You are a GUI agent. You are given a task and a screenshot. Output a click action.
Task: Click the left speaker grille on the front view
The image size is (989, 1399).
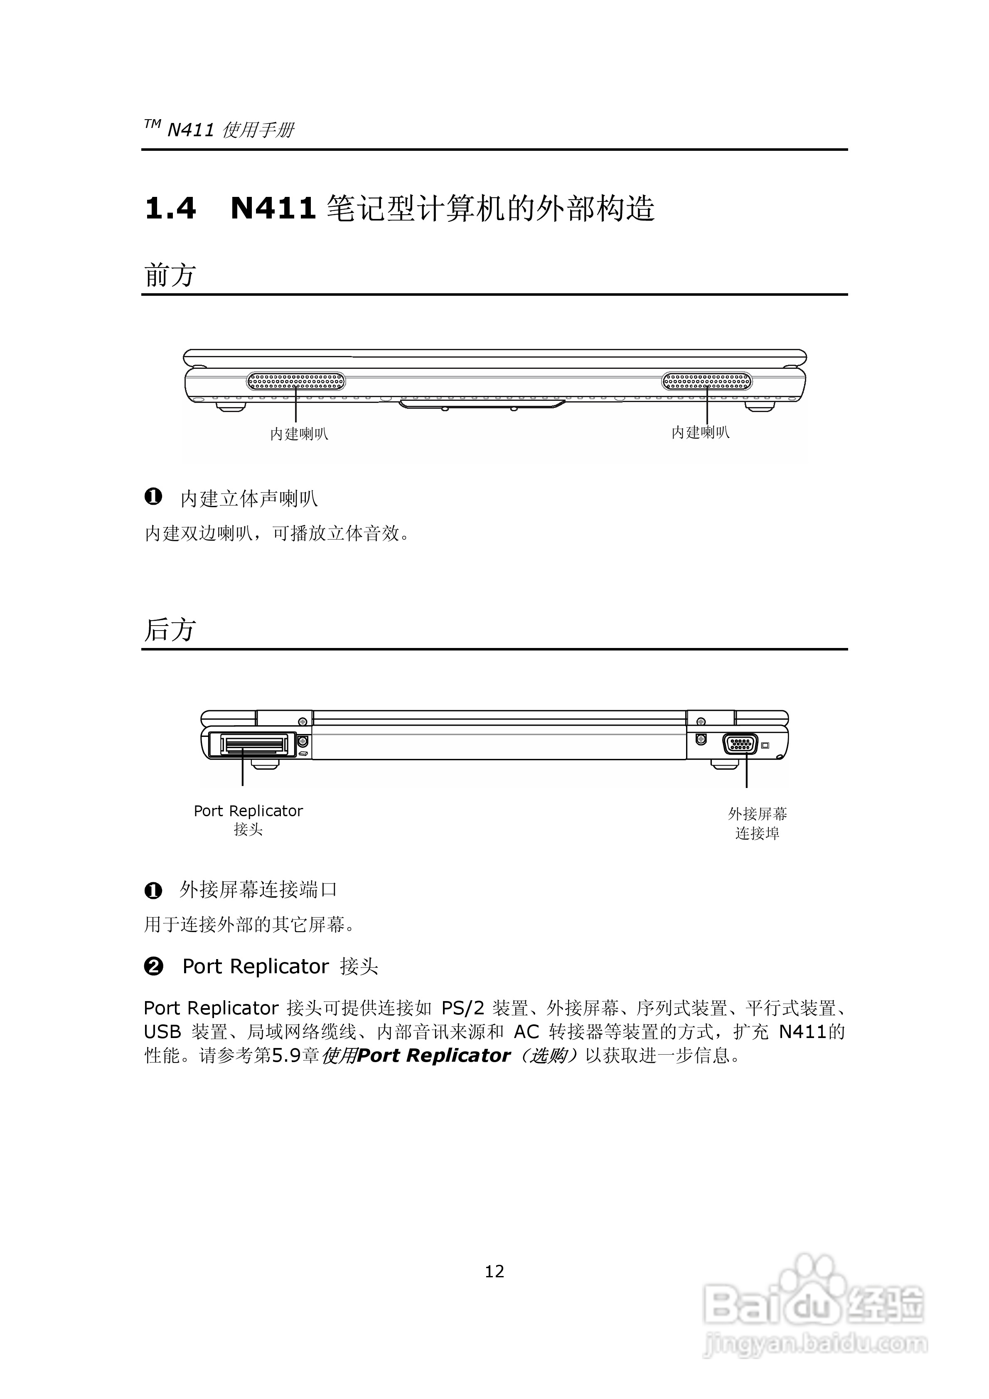tap(296, 381)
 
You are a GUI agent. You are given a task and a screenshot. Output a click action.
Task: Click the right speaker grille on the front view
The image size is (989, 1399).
tap(707, 381)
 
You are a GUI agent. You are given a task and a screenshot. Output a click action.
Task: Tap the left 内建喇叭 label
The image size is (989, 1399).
tap(299, 434)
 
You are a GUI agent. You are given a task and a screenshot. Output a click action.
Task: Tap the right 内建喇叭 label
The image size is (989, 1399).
tap(700, 432)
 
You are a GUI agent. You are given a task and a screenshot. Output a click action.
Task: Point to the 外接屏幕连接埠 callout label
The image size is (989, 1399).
tap(757, 823)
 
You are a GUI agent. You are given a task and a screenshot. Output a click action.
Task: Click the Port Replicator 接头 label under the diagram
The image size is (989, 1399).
tap(248, 820)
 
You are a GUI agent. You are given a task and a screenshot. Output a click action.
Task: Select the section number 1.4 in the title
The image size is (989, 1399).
tap(170, 209)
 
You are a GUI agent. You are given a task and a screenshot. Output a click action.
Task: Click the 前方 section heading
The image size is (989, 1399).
tap(170, 275)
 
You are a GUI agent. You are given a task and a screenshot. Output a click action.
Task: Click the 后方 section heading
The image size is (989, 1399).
tap(170, 630)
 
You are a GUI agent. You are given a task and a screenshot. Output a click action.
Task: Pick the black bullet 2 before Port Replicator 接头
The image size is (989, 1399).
tap(154, 967)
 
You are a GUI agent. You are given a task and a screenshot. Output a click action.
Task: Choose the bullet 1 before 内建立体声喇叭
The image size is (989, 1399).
tap(153, 497)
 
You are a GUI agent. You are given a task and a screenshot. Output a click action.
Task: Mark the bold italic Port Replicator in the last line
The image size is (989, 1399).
tap(433, 1055)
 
